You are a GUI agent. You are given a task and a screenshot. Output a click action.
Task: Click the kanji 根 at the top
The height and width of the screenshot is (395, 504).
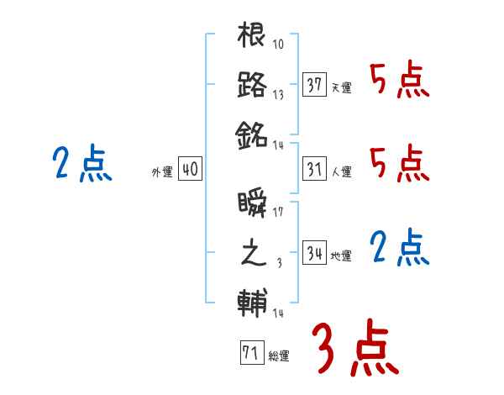(x=252, y=37)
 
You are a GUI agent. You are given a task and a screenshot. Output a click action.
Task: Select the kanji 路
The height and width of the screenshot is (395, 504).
(x=252, y=84)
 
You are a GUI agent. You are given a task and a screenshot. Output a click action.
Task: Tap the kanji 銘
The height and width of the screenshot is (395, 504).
(x=252, y=133)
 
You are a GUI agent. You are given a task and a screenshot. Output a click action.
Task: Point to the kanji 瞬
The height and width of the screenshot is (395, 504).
(x=252, y=204)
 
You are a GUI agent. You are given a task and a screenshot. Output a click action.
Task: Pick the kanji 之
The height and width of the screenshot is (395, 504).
(x=252, y=253)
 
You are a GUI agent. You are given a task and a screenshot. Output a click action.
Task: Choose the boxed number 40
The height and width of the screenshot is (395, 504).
(x=190, y=169)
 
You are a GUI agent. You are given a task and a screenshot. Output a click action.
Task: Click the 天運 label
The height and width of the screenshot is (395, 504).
(x=341, y=87)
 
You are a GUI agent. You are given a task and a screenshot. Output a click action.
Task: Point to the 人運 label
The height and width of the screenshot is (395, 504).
(x=341, y=172)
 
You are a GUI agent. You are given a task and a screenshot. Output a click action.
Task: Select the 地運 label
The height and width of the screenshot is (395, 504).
(x=341, y=256)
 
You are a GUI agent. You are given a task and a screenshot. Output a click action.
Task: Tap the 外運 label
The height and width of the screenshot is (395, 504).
(x=161, y=172)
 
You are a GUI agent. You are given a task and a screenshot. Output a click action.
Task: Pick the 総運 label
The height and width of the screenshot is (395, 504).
(x=279, y=356)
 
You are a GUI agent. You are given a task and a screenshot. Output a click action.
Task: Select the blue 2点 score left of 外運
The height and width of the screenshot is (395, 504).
(x=81, y=164)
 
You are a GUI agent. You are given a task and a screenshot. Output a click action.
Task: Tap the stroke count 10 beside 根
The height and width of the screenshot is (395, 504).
(x=278, y=45)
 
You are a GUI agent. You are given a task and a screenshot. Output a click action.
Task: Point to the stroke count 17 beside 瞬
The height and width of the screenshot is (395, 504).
(x=278, y=213)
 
